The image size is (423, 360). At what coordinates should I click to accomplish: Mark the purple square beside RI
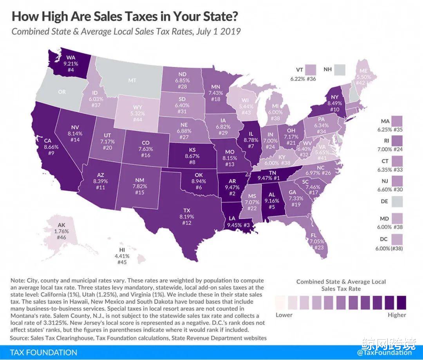click(397, 140)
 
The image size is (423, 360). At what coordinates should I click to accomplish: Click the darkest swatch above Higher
click(401, 302)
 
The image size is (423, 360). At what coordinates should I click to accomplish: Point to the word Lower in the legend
click(284, 315)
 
